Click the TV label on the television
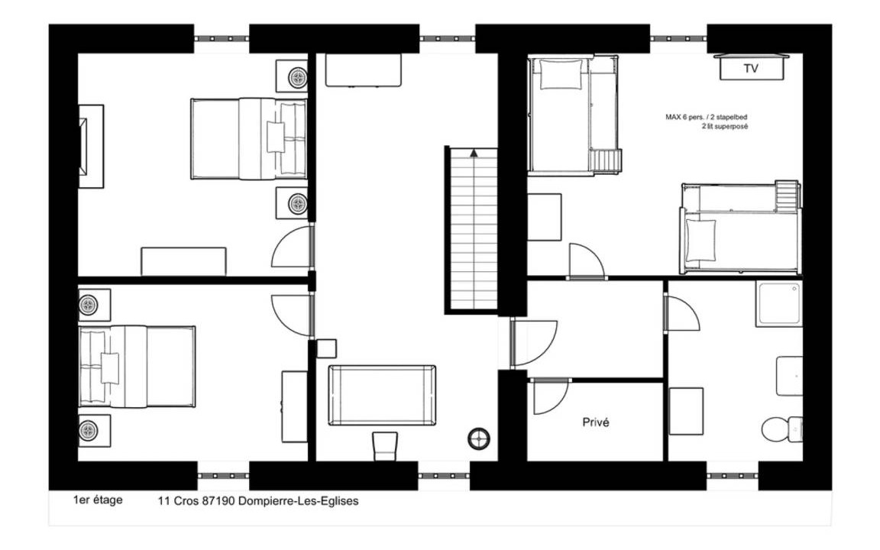pos(751,69)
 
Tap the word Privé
pos(596,422)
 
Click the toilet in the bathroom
pos(782,429)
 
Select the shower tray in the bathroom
pos(779,303)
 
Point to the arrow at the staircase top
pos(474,152)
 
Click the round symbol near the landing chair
pos(479,439)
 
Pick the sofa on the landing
pos(382,395)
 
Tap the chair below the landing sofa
pos(385,446)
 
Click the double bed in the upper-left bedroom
pos(249,138)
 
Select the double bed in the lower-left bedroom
pos(137,367)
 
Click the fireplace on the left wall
pos(90,146)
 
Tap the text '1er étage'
pos(98,500)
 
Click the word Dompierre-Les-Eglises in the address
pos(299,501)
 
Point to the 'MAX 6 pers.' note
pos(684,118)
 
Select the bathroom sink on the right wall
pos(790,376)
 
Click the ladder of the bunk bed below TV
pos(787,196)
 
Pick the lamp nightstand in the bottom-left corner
pos(94,431)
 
